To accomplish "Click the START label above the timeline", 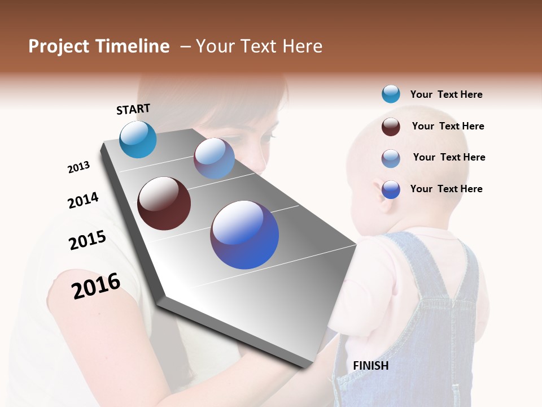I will pyautogui.click(x=133, y=109).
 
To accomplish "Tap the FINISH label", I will pyautogui.click(x=370, y=366).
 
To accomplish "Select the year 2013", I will pyautogui.click(x=78, y=167).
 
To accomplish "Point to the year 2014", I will pyautogui.click(x=83, y=201).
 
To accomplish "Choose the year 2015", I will pyautogui.click(x=88, y=240).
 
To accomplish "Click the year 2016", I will pyautogui.click(x=96, y=285).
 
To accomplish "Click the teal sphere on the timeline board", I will pyautogui.click(x=138, y=139).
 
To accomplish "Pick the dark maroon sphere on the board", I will pyautogui.click(x=164, y=203).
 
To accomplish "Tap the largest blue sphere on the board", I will pyautogui.click(x=244, y=235).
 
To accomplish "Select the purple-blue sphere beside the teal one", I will pyautogui.click(x=214, y=158).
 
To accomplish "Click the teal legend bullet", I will pyautogui.click(x=391, y=94).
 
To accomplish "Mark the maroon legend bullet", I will pyautogui.click(x=391, y=127).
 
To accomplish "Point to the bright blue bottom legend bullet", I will pyautogui.click(x=391, y=189).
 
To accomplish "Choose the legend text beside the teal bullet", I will pyautogui.click(x=446, y=94).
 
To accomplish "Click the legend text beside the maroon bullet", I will pyautogui.click(x=448, y=126).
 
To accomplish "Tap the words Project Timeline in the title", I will pyautogui.click(x=99, y=46).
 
